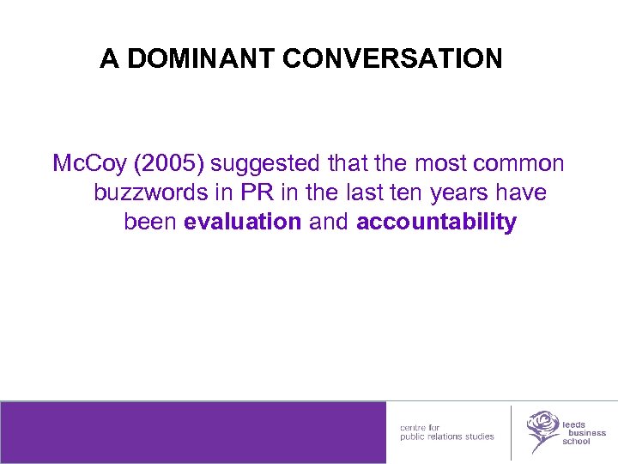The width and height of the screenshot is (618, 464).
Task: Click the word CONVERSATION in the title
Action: coord(392,58)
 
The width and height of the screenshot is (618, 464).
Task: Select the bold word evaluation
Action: coord(242,222)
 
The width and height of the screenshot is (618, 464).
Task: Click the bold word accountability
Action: coord(436,222)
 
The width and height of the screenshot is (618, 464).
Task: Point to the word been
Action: coord(150,222)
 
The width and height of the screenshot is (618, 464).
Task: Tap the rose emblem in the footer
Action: coord(542,430)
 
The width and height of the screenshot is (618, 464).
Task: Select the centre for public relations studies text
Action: coord(446,431)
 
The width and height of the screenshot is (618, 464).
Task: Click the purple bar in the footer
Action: coord(193,432)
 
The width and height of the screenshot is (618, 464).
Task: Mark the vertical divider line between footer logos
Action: coord(512,432)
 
